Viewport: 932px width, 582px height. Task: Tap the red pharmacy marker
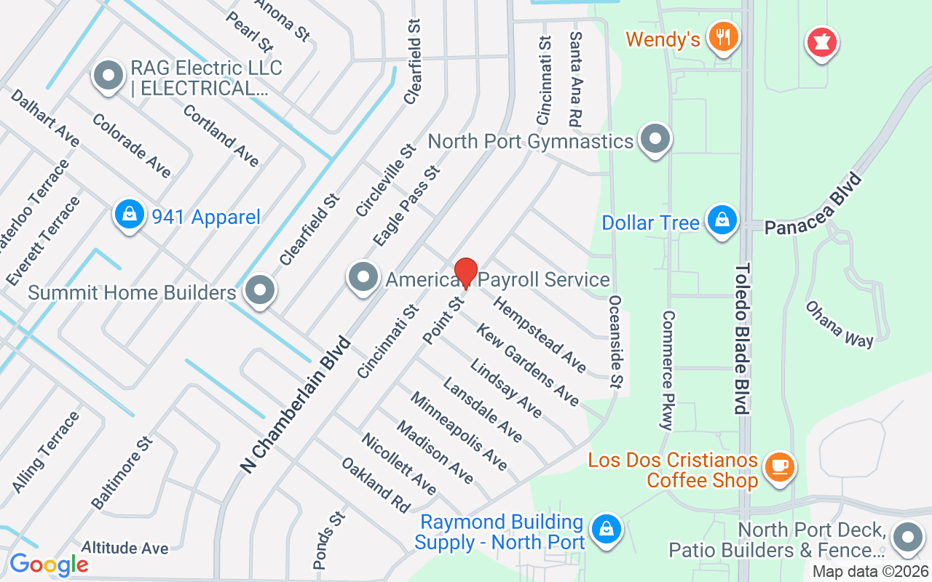click(x=821, y=42)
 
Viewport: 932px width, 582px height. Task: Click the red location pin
click(x=466, y=274)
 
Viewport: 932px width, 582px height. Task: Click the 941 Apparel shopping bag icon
click(x=129, y=215)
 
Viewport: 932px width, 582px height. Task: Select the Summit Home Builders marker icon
click(x=259, y=291)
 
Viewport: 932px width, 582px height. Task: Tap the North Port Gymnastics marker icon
click(x=655, y=138)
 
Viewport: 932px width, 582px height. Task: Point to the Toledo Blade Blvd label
click(x=742, y=338)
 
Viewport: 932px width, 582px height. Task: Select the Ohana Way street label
click(x=839, y=324)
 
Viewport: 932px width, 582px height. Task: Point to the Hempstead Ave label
click(x=540, y=333)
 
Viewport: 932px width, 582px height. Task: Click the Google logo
click(x=49, y=565)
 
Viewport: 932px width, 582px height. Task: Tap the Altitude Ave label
click(x=125, y=548)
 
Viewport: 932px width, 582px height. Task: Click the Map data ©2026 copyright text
click(x=870, y=572)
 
